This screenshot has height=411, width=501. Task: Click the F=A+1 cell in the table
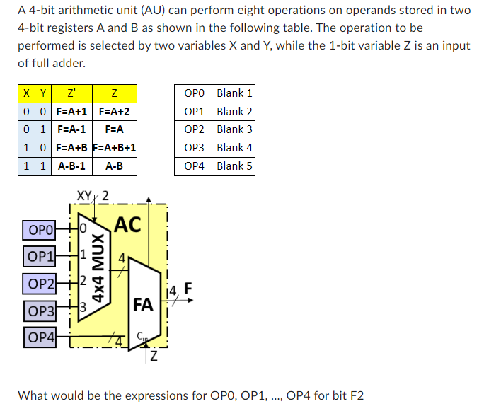pyautogui.click(x=71, y=112)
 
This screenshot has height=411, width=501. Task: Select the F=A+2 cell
pyautogui.click(x=114, y=112)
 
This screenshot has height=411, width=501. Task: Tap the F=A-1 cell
pyautogui.click(x=71, y=130)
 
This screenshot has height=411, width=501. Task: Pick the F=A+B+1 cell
pyautogui.click(x=114, y=149)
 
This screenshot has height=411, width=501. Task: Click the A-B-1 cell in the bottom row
pyautogui.click(x=71, y=167)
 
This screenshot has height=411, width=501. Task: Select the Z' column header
pyautogui.click(x=71, y=93)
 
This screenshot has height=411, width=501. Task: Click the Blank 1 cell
pyautogui.click(x=234, y=93)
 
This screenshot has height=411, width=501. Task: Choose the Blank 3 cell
pyautogui.click(x=234, y=129)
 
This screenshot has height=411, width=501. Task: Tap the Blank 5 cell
pyautogui.click(x=234, y=166)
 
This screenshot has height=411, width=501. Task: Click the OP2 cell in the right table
pyautogui.click(x=194, y=129)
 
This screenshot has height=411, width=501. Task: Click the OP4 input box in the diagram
pyautogui.click(x=40, y=337)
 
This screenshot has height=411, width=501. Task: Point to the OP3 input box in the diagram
pyautogui.click(x=40, y=311)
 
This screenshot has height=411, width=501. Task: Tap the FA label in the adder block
pyautogui.click(x=143, y=305)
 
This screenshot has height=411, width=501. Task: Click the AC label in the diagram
pyautogui.click(x=127, y=225)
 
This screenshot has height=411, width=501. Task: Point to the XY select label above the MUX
pyautogui.click(x=85, y=195)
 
